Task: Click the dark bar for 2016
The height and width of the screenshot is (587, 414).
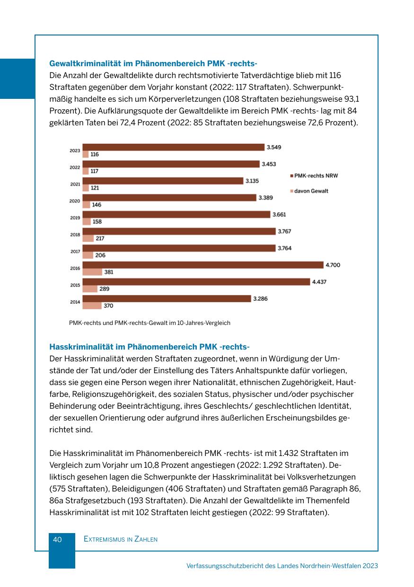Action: coord(203,265)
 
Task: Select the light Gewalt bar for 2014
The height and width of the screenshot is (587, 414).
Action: coord(92,306)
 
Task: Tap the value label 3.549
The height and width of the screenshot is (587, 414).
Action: coord(274,147)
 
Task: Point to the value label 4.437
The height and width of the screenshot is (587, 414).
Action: coord(319,282)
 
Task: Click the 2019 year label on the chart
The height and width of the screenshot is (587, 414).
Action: coord(75,218)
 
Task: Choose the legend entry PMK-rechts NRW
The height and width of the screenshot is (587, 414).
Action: coord(316,175)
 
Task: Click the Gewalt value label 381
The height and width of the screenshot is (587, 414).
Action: coord(109,272)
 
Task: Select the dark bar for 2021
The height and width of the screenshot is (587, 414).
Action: coord(162,181)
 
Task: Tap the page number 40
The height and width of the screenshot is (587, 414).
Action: coord(57,539)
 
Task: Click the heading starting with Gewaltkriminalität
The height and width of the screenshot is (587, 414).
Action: coord(153,63)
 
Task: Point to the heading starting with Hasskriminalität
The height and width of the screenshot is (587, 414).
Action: coord(149,346)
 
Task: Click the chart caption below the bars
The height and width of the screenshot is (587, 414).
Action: coord(150,323)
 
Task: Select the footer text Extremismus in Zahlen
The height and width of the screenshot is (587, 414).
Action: coord(120,539)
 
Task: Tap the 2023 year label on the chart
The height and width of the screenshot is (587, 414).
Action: coord(75,151)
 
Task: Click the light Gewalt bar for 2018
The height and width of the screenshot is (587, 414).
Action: coord(88,238)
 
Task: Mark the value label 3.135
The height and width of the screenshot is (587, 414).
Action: coord(252,181)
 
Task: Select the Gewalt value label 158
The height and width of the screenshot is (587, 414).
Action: coord(97,221)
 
